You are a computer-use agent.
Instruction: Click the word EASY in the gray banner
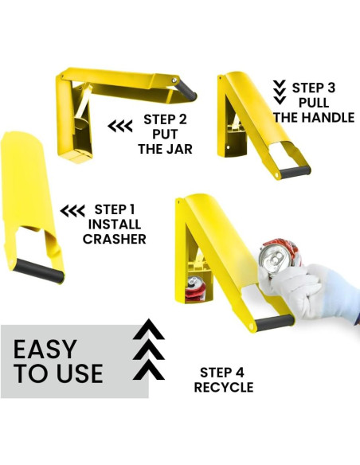pos(45,350)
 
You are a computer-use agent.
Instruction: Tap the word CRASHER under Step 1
pos(115,239)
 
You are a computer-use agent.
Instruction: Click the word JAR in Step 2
pos(179,149)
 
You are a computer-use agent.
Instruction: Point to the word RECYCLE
pos(224,387)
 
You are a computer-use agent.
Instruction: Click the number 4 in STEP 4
pos(240,373)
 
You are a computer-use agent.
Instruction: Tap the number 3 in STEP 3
pos(331,88)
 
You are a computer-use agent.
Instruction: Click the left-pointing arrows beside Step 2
pos(120,127)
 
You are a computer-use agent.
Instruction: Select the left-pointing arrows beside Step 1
pos(72,211)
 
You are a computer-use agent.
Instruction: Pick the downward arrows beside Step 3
pos(280,92)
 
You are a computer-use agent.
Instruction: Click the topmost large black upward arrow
pos(149,329)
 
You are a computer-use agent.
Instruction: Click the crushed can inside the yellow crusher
pos(195,289)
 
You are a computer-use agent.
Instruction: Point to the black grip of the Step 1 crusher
pos(39,271)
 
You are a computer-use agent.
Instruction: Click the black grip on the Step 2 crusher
pos(186,89)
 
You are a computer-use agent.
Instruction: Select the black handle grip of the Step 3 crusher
pos(295,172)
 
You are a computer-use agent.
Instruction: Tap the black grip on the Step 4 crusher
pos(274,322)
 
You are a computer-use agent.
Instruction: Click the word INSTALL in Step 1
pos(115,225)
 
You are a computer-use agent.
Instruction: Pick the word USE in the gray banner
pos(80,373)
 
